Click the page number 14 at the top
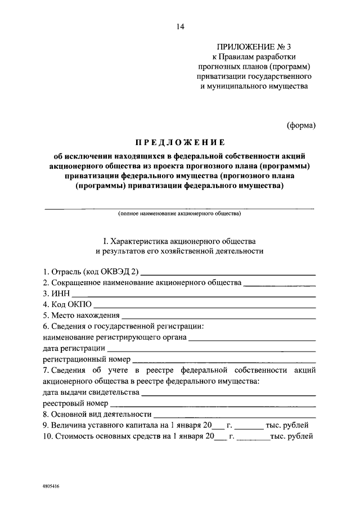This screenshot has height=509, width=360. coord(179,26)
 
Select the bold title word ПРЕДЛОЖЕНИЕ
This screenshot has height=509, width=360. coord(179,142)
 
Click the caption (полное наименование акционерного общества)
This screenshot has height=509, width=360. coord(179,214)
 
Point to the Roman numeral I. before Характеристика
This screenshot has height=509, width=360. coord(105,241)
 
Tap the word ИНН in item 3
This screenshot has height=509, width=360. coord(60,293)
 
